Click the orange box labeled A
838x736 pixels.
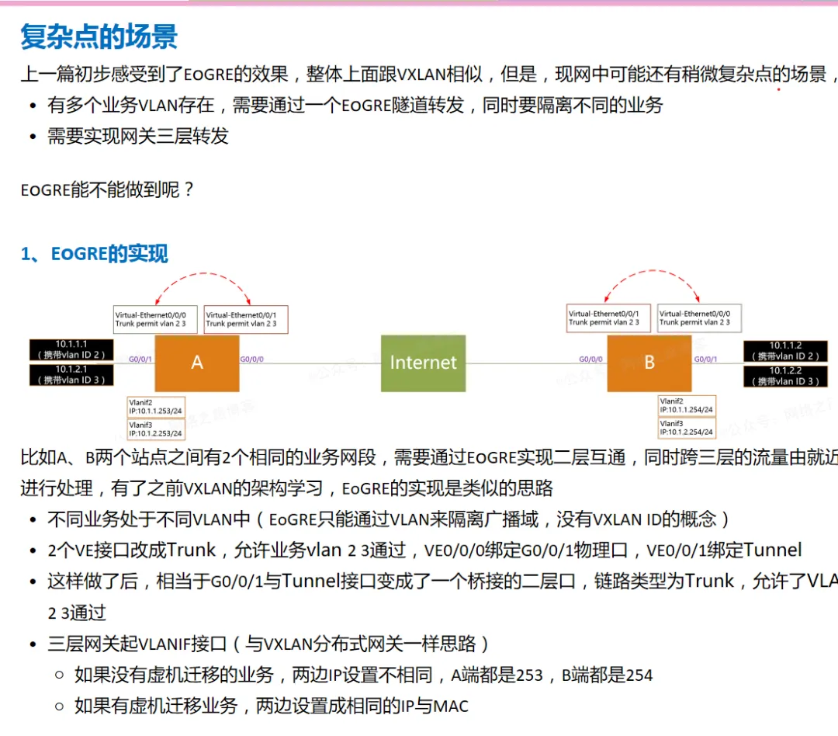point(196,363)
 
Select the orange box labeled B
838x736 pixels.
point(649,363)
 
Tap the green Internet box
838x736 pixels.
point(423,363)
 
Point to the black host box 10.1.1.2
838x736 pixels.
point(786,351)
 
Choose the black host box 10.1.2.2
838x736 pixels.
point(786,376)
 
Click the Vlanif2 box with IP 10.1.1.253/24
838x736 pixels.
point(156,405)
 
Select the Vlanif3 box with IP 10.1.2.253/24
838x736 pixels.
point(156,429)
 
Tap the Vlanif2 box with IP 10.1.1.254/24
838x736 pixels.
point(686,405)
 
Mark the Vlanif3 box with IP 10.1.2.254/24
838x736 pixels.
point(686,428)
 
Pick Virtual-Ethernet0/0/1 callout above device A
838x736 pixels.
point(246,319)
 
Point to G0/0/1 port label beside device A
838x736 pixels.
point(140,359)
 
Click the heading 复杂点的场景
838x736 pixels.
point(99,36)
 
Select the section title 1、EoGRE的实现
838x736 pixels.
point(94,254)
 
